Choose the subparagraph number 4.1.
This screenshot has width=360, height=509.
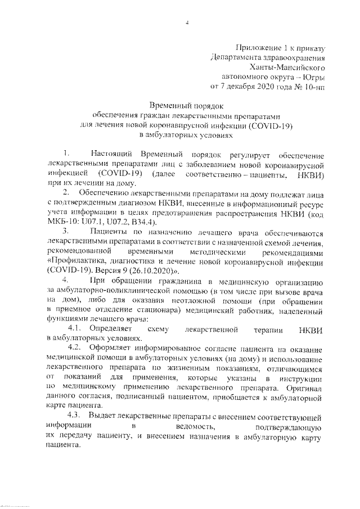click(x=76, y=329)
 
